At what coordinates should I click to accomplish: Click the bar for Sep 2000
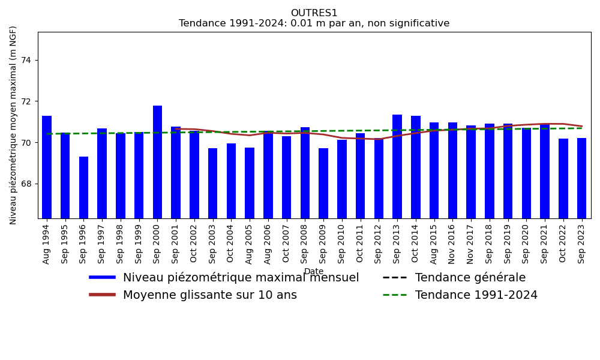(157, 162)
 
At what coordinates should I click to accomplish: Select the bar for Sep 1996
(83, 187)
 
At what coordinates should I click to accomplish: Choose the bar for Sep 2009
(323, 183)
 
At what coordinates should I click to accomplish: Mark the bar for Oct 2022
(563, 178)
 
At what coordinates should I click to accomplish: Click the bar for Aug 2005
(250, 183)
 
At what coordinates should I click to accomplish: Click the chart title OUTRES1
(314, 13)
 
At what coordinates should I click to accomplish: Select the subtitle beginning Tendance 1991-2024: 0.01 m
(314, 23)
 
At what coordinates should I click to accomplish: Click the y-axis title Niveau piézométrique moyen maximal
(14, 125)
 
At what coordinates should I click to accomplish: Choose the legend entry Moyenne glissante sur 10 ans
(209, 295)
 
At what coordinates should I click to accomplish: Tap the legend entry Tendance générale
(470, 278)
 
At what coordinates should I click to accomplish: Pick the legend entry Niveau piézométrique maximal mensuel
(241, 278)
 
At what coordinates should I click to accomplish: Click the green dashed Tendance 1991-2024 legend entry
(476, 295)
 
